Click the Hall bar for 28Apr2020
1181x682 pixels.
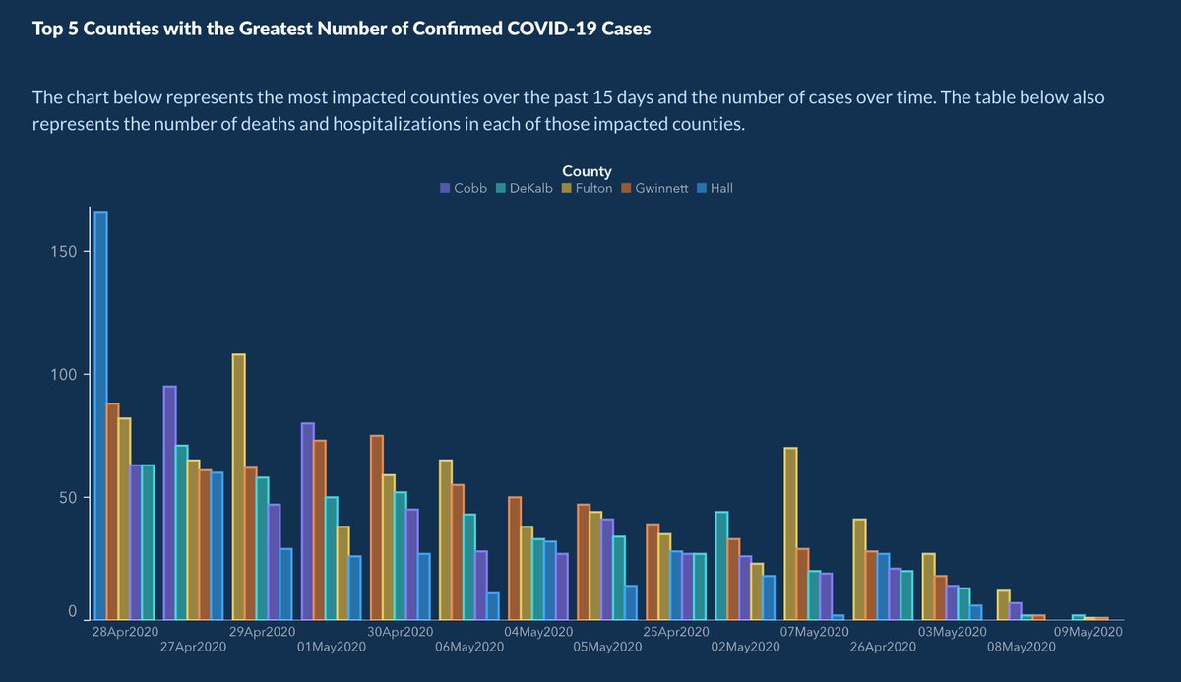pos(100,413)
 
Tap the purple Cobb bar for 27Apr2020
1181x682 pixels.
pos(169,502)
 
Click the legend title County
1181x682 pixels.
pos(587,171)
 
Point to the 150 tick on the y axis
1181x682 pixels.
pos(65,251)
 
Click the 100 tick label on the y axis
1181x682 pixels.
pos(65,374)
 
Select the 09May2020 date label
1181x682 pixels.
pos(1088,631)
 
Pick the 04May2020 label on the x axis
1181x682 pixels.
pos(537,631)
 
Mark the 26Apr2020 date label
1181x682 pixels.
pos(881,647)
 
